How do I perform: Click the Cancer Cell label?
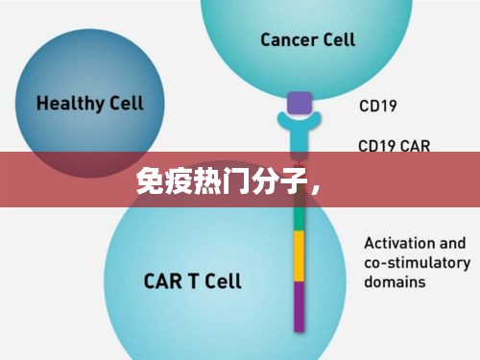click(x=307, y=39)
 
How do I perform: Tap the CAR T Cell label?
click(x=192, y=281)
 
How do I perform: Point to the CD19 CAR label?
click(x=394, y=147)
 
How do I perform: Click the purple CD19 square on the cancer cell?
click(x=299, y=103)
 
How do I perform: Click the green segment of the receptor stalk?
click(x=299, y=220)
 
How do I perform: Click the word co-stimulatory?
click(x=417, y=263)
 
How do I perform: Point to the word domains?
click(x=394, y=282)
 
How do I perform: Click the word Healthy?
click(x=65, y=102)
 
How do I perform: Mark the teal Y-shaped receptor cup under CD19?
click(x=299, y=122)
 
